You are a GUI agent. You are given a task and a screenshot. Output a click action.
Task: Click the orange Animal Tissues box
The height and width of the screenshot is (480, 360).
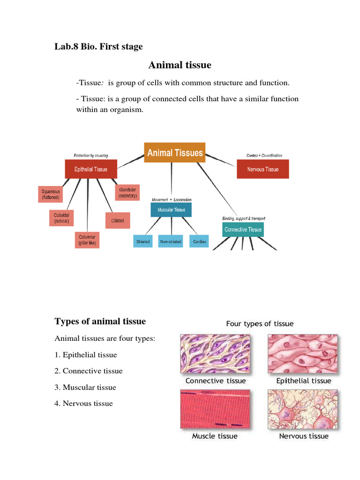[x=174, y=152]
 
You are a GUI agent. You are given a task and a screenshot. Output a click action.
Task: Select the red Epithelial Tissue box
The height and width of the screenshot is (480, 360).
[x=91, y=169]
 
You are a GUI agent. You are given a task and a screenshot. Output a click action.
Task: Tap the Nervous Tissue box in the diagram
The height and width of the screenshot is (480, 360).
[x=262, y=169]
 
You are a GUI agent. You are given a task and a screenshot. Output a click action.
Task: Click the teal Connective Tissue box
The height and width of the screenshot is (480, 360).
[x=243, y=229]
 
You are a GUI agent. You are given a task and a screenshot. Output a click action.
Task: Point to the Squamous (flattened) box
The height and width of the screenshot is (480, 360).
[x=51, y=195]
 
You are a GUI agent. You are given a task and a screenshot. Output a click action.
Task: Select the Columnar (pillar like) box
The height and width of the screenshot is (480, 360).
[x=87, y=240]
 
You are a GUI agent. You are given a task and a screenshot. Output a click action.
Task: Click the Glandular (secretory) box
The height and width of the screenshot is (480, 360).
[x=127, y=192]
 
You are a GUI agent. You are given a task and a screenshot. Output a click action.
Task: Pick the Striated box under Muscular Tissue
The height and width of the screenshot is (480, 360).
[x=143, y=241]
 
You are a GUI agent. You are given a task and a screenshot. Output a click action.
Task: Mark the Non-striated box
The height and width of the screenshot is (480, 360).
[x=171, y=241]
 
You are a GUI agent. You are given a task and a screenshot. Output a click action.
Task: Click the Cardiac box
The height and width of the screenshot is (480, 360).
[x=200, y=241]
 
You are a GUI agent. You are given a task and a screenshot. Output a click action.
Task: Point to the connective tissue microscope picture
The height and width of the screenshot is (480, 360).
[x=216, y=353]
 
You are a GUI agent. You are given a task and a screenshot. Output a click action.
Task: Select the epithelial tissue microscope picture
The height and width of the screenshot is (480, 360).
[x=303, y=353]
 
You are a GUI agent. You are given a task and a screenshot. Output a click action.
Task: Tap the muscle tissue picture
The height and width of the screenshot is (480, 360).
[x=215, y=409]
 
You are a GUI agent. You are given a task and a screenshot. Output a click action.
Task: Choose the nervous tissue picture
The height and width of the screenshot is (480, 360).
[x=303, y=409]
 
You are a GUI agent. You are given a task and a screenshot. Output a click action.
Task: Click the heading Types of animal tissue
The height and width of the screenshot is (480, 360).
[x=100, y=322]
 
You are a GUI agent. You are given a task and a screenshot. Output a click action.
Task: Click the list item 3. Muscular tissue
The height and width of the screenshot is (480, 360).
[x=85, y=387]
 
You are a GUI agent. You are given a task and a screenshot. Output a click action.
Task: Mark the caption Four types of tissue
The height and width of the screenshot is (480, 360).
[x=260, y=324]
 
